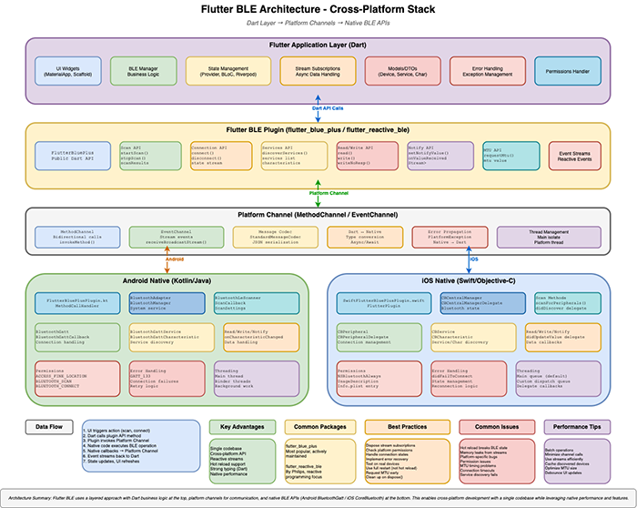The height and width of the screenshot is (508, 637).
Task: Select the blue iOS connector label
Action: pos(472,258)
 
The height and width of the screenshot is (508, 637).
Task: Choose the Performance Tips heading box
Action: pos(578,425)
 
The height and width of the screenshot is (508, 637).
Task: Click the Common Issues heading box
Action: pos(493,425)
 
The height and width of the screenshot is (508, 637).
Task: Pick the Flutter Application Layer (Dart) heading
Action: pos(318,45)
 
